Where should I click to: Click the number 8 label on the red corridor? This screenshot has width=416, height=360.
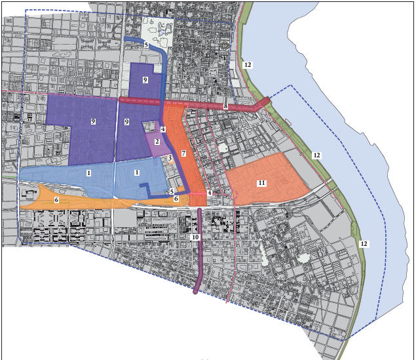[x=225, y=106]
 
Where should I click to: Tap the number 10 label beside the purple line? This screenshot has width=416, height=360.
[x=195, y=237]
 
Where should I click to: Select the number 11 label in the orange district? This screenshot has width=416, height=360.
[x=261, y=183]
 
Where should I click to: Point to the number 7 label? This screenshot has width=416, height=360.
[x=184, y=153]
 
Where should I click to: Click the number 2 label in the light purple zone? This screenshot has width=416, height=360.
[x=157, y=142]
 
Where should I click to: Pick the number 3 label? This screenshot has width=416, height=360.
[x=170, y=158]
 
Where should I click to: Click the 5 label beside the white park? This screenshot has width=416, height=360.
[x=146, y=45]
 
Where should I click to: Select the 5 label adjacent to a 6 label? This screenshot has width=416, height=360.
[x=172, y=192]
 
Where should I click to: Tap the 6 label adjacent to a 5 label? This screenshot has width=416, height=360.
[x=176, y=198]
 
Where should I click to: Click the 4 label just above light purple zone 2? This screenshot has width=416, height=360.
[x=162, y=130]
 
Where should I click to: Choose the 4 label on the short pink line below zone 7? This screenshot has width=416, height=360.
[x=210, y=193]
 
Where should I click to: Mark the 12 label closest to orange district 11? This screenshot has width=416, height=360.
[x=316, y=155]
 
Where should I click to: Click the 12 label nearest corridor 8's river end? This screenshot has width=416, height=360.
[x=247, y=65]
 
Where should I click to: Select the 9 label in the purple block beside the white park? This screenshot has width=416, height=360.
[x=145, y=80]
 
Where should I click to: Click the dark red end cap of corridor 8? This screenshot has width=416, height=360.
[x=263, y=103]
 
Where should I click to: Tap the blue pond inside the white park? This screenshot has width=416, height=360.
[x=162, y=30]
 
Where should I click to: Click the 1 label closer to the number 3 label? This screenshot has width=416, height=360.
[x=137, y=172]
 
